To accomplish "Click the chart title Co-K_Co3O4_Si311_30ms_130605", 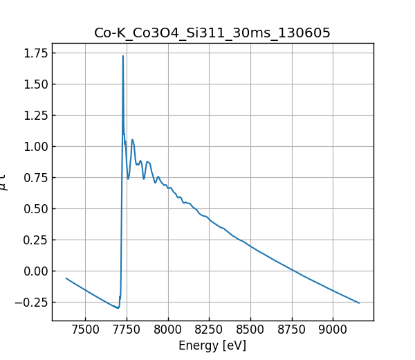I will [x=212, y=33].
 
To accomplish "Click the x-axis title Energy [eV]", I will [x=212, y=345].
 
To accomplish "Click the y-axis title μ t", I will [x=6, y=182].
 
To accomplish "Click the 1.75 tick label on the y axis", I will [x=35, y=53].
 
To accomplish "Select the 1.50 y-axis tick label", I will [x=35, y=84].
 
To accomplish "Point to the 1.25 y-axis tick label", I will [x=35, y=116].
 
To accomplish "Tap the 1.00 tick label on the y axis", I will [x=35, y=147].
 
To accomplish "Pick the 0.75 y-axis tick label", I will [x=35, y=178].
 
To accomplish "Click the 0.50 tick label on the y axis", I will [x=35, y=209].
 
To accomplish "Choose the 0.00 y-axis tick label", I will [x=35, y=271].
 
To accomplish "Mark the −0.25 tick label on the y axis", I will [x=31, y=303].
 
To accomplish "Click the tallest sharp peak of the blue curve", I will [x=123, y=56].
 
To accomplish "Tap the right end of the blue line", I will [x=359, y=303].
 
